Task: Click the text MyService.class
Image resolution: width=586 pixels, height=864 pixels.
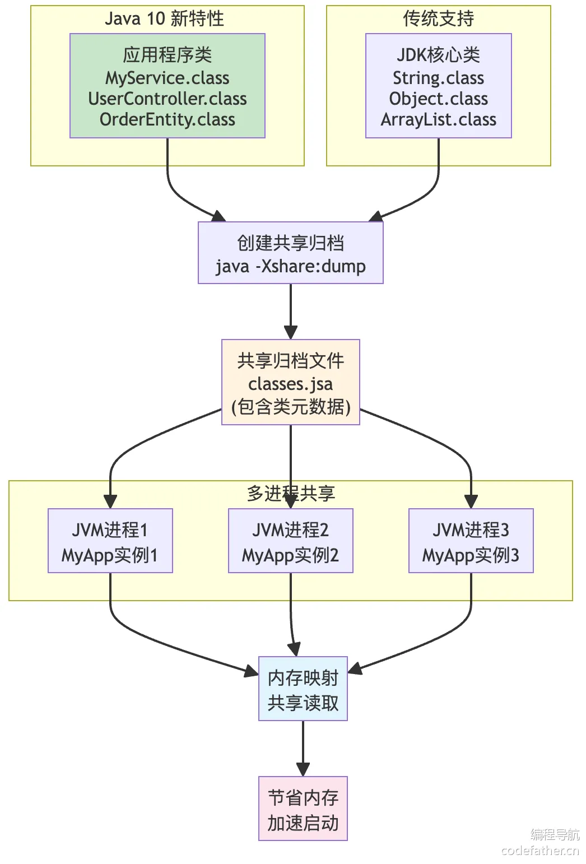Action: [167, 78]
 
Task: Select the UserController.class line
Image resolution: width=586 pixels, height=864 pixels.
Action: [167, 99]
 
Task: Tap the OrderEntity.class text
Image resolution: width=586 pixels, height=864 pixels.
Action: [167, 119]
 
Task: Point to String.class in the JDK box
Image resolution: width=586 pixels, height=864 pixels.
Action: [438, 78]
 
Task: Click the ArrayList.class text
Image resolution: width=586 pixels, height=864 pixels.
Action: [438, 119]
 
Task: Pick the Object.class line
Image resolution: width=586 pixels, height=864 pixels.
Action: [438, 99]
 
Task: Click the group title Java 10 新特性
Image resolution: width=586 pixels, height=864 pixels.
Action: [164, 18]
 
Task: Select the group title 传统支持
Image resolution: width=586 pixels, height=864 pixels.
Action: [438, 18]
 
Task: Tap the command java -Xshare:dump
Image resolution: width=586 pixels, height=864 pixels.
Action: [290, 266]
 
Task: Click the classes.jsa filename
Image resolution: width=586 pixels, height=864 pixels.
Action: [290, 384]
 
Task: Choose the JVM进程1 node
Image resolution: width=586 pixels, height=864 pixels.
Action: [110, 541]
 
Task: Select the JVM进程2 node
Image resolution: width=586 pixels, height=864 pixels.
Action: [290, 541]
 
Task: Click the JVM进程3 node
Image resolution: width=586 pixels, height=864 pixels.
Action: [471, 541]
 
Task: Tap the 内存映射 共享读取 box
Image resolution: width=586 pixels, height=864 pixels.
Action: [303, 689]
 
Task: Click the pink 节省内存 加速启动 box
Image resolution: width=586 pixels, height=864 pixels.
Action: [303, 809]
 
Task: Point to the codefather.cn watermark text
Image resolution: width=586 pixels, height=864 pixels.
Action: [540, 851]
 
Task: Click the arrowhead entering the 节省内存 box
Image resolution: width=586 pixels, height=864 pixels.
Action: [303, 770]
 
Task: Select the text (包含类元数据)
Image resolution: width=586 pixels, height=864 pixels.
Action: [290, 407]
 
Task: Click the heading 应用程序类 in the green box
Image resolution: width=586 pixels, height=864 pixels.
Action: [167, 55]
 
